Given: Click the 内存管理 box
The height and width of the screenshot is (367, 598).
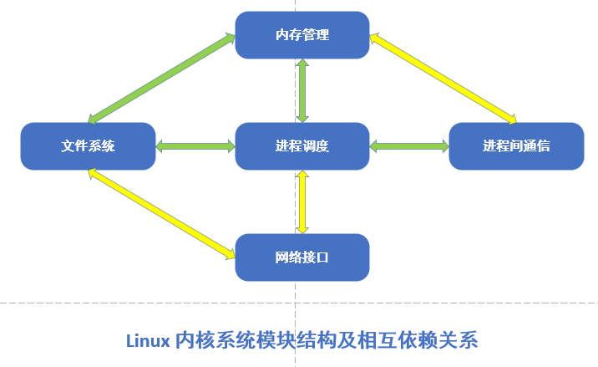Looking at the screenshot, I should [302, 35].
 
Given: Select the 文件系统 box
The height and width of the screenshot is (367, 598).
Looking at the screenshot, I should [88, 146].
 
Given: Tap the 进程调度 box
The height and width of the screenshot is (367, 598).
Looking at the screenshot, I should [302, 146].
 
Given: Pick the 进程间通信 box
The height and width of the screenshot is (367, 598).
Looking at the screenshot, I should [515, 146].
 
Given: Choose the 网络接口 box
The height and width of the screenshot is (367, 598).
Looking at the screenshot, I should [302, 257].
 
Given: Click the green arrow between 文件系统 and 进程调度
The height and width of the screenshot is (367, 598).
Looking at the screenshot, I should [195, 146].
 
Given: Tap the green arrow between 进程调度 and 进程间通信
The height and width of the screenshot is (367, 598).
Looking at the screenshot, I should [409, 146].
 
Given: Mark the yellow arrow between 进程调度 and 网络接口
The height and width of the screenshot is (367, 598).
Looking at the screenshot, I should [302, 201].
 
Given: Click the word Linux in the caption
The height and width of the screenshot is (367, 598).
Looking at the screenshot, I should [147, 340].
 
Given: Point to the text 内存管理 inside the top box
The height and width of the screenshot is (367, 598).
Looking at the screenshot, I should [302, 35].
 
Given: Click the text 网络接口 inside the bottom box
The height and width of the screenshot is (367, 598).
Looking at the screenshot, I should [302, 257].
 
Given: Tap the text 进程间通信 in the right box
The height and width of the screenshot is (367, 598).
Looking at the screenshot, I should [515, 146].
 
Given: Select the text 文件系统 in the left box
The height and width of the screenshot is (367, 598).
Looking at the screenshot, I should [88, 146].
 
